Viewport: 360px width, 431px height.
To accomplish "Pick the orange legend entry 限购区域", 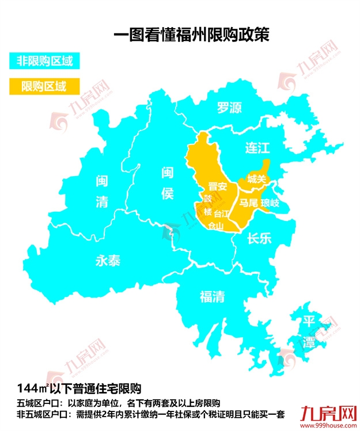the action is (x=44, y=86).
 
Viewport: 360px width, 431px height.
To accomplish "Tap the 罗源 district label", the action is (x=229, y=108).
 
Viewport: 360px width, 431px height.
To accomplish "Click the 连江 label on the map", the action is (x=257, y=148).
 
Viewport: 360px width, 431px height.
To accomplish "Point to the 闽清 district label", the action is (x=101, y=192).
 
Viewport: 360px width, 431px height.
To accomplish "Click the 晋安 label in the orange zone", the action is (x=217, y=186).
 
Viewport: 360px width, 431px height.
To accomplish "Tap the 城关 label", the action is (x=256, y=180).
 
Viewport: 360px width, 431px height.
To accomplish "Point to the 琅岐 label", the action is (x=270, y=203).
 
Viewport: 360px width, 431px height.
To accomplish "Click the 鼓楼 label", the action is (x=207, y=204).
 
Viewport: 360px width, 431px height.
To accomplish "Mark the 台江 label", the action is (x=222, y=214).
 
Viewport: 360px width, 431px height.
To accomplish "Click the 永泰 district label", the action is (x=107, y=261).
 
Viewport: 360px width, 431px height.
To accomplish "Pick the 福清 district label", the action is (x=212, y=296).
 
